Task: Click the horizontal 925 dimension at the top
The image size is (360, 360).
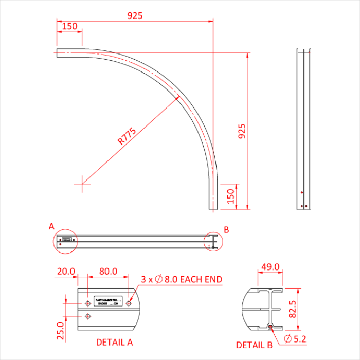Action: click(x=135, y=16)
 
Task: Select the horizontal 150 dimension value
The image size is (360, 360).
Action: click(x=69, y=26)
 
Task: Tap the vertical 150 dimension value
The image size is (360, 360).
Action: click(x=231, y=195)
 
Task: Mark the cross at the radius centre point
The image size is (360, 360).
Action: click(x=82, y=183)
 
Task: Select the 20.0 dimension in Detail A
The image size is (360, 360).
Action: click(x=66, y=271)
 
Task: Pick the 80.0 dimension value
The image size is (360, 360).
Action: click(x=108, y=271)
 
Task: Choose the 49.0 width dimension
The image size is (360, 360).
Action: click(x=270, y=267)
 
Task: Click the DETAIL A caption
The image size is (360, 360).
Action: click(x=115, y=341)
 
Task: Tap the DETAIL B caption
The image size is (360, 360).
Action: click(x=254, y=345)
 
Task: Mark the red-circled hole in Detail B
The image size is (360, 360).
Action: click(x=271, y=327)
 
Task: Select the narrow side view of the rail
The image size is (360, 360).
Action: click(x=303, y=129)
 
